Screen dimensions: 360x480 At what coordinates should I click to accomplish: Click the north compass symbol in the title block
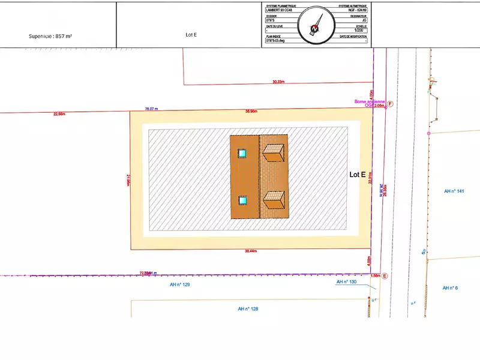316,25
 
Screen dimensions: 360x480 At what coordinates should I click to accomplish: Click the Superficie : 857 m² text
50,36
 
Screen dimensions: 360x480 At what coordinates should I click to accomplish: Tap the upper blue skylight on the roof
242,154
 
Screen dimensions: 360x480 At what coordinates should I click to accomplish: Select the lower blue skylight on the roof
242,200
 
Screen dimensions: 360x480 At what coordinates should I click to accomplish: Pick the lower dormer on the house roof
274,199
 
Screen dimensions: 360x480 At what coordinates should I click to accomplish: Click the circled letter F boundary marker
389,104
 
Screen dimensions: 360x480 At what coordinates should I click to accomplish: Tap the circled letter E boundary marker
385,276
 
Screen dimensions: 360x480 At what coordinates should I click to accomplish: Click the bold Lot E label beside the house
358,174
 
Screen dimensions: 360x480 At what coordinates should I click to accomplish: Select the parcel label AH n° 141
454,191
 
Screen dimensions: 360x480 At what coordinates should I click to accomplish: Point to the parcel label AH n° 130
346,281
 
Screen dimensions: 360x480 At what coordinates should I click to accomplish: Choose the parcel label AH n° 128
248,309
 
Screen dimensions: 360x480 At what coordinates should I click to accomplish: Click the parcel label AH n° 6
450,288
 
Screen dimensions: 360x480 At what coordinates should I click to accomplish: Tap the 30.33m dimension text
278,82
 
